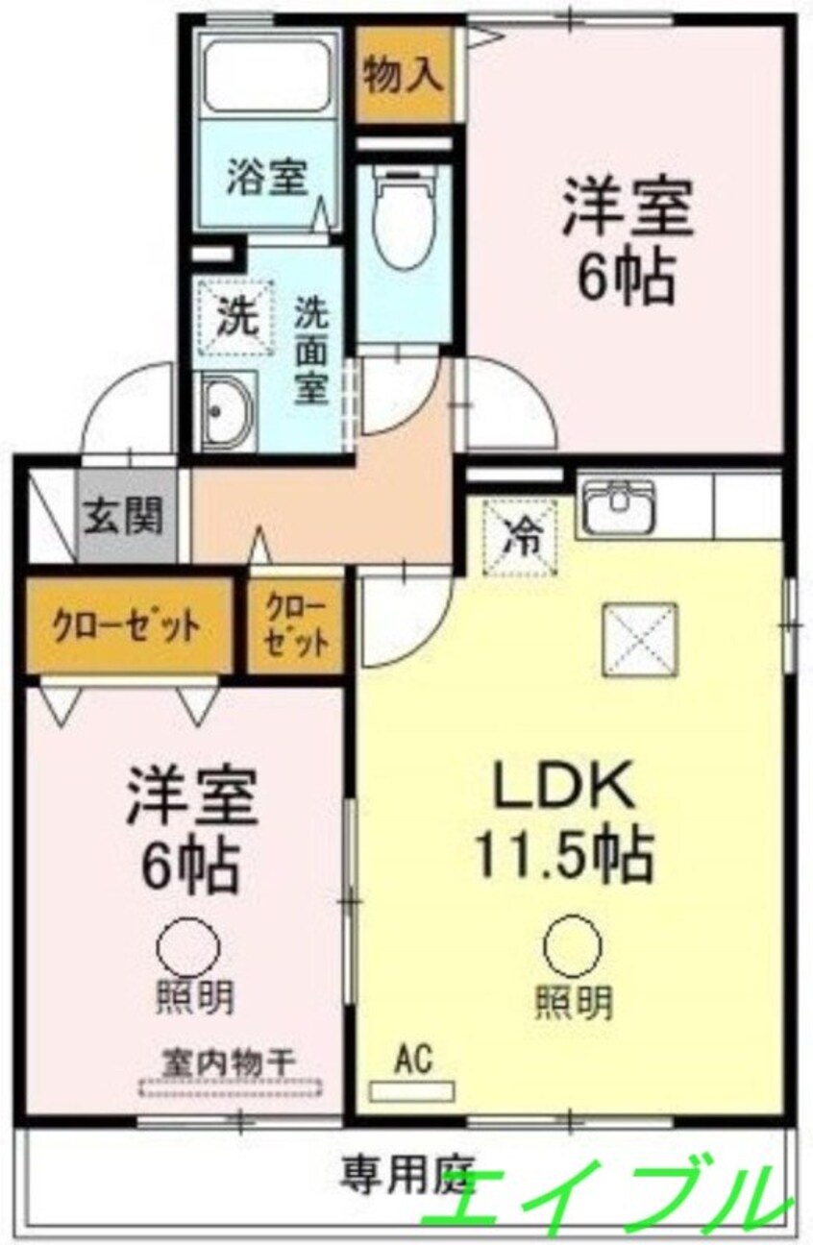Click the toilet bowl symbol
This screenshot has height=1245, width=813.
point(405,219)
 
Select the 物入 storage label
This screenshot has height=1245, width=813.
point(405,75)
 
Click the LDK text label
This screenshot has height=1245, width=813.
point(565,784)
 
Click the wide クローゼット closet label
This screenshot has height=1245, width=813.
point(126,627)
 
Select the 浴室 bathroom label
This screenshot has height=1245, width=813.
point(267,176)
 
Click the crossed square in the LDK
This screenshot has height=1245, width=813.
point(641,639)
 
